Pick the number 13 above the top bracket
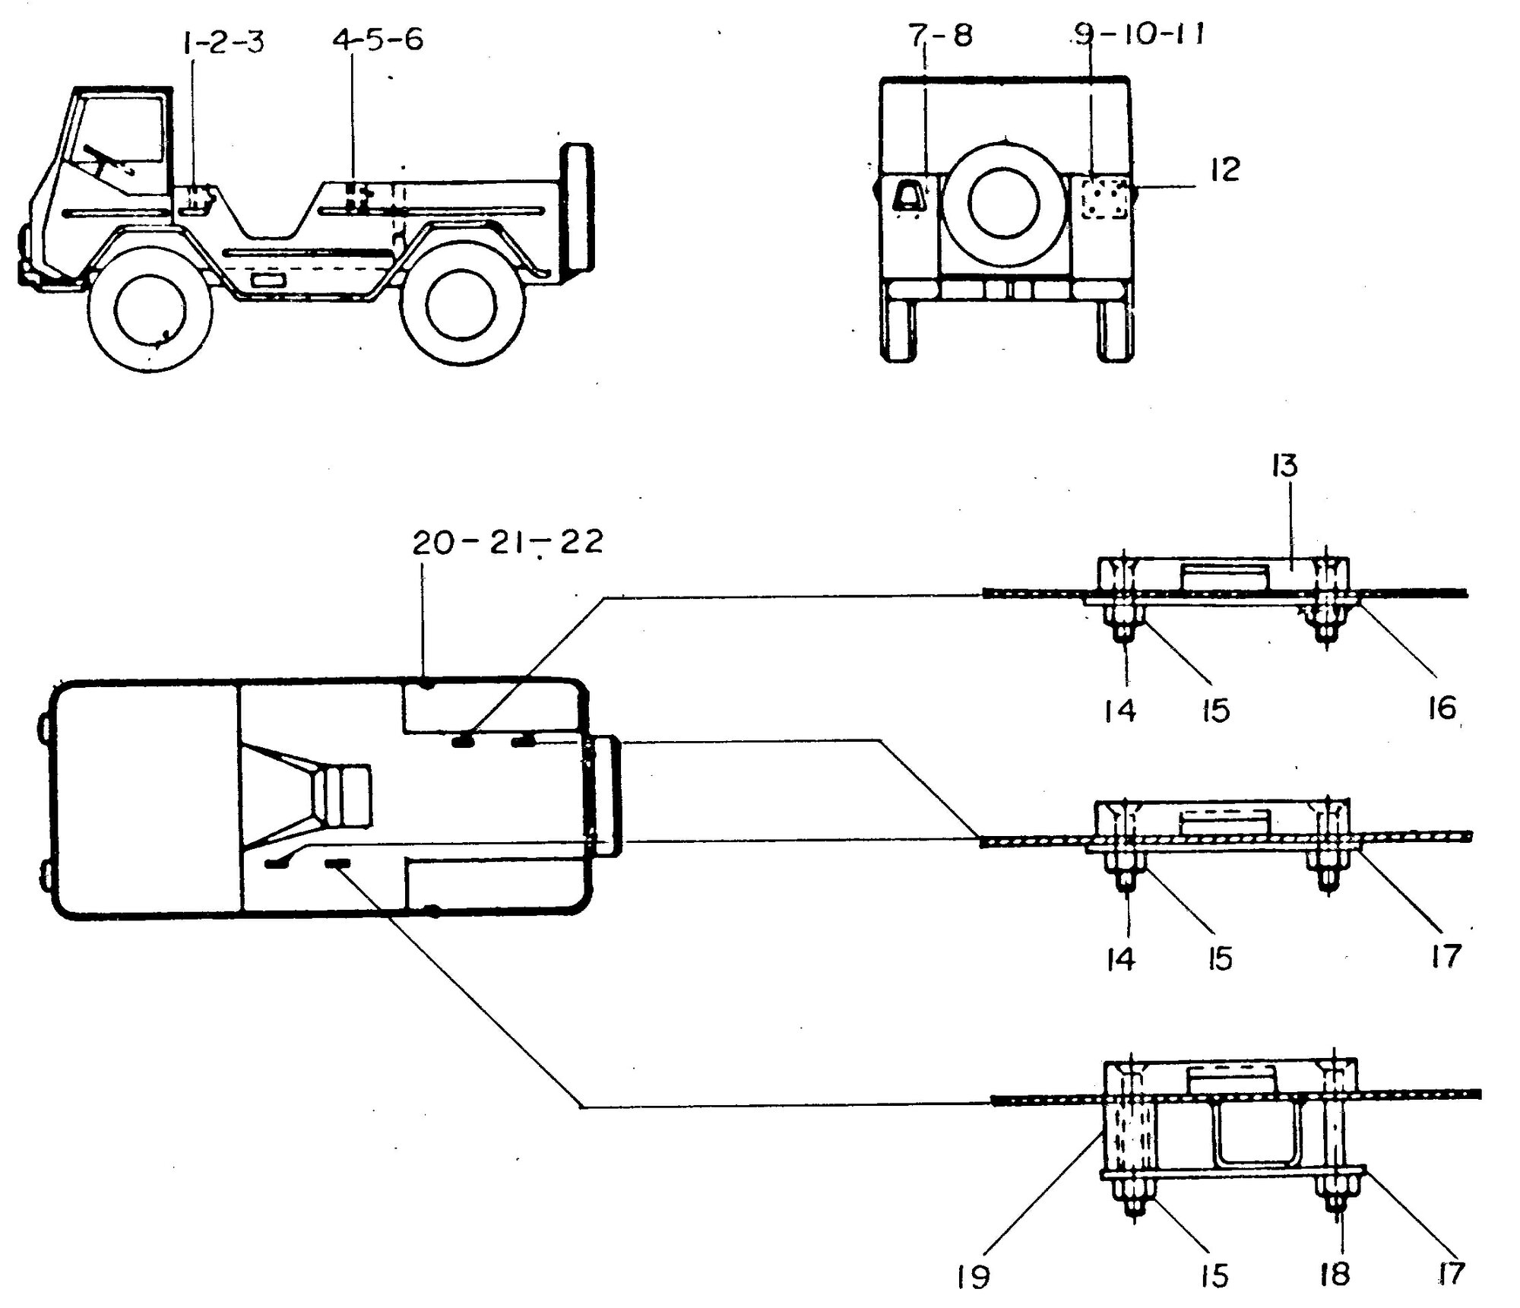click(x=1284, y=466)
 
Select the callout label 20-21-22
click(x=508, y=542)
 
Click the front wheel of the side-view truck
click(x=150, y=307)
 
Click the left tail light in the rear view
click(x=908, y=197)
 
